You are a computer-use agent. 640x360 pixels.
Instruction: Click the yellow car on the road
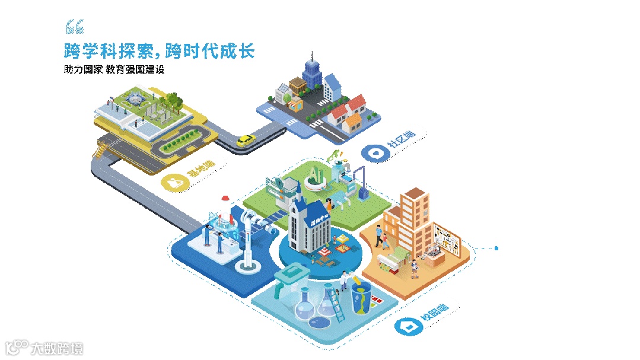click(x=246, y=141)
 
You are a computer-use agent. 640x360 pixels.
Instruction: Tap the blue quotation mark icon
click(x=74, y=27)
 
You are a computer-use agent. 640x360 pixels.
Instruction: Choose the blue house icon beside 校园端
click(x=407, y=326)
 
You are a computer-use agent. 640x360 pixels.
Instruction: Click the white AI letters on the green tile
click(x=316, y=173)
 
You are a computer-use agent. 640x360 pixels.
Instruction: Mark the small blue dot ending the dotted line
click(x=496, y=248)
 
